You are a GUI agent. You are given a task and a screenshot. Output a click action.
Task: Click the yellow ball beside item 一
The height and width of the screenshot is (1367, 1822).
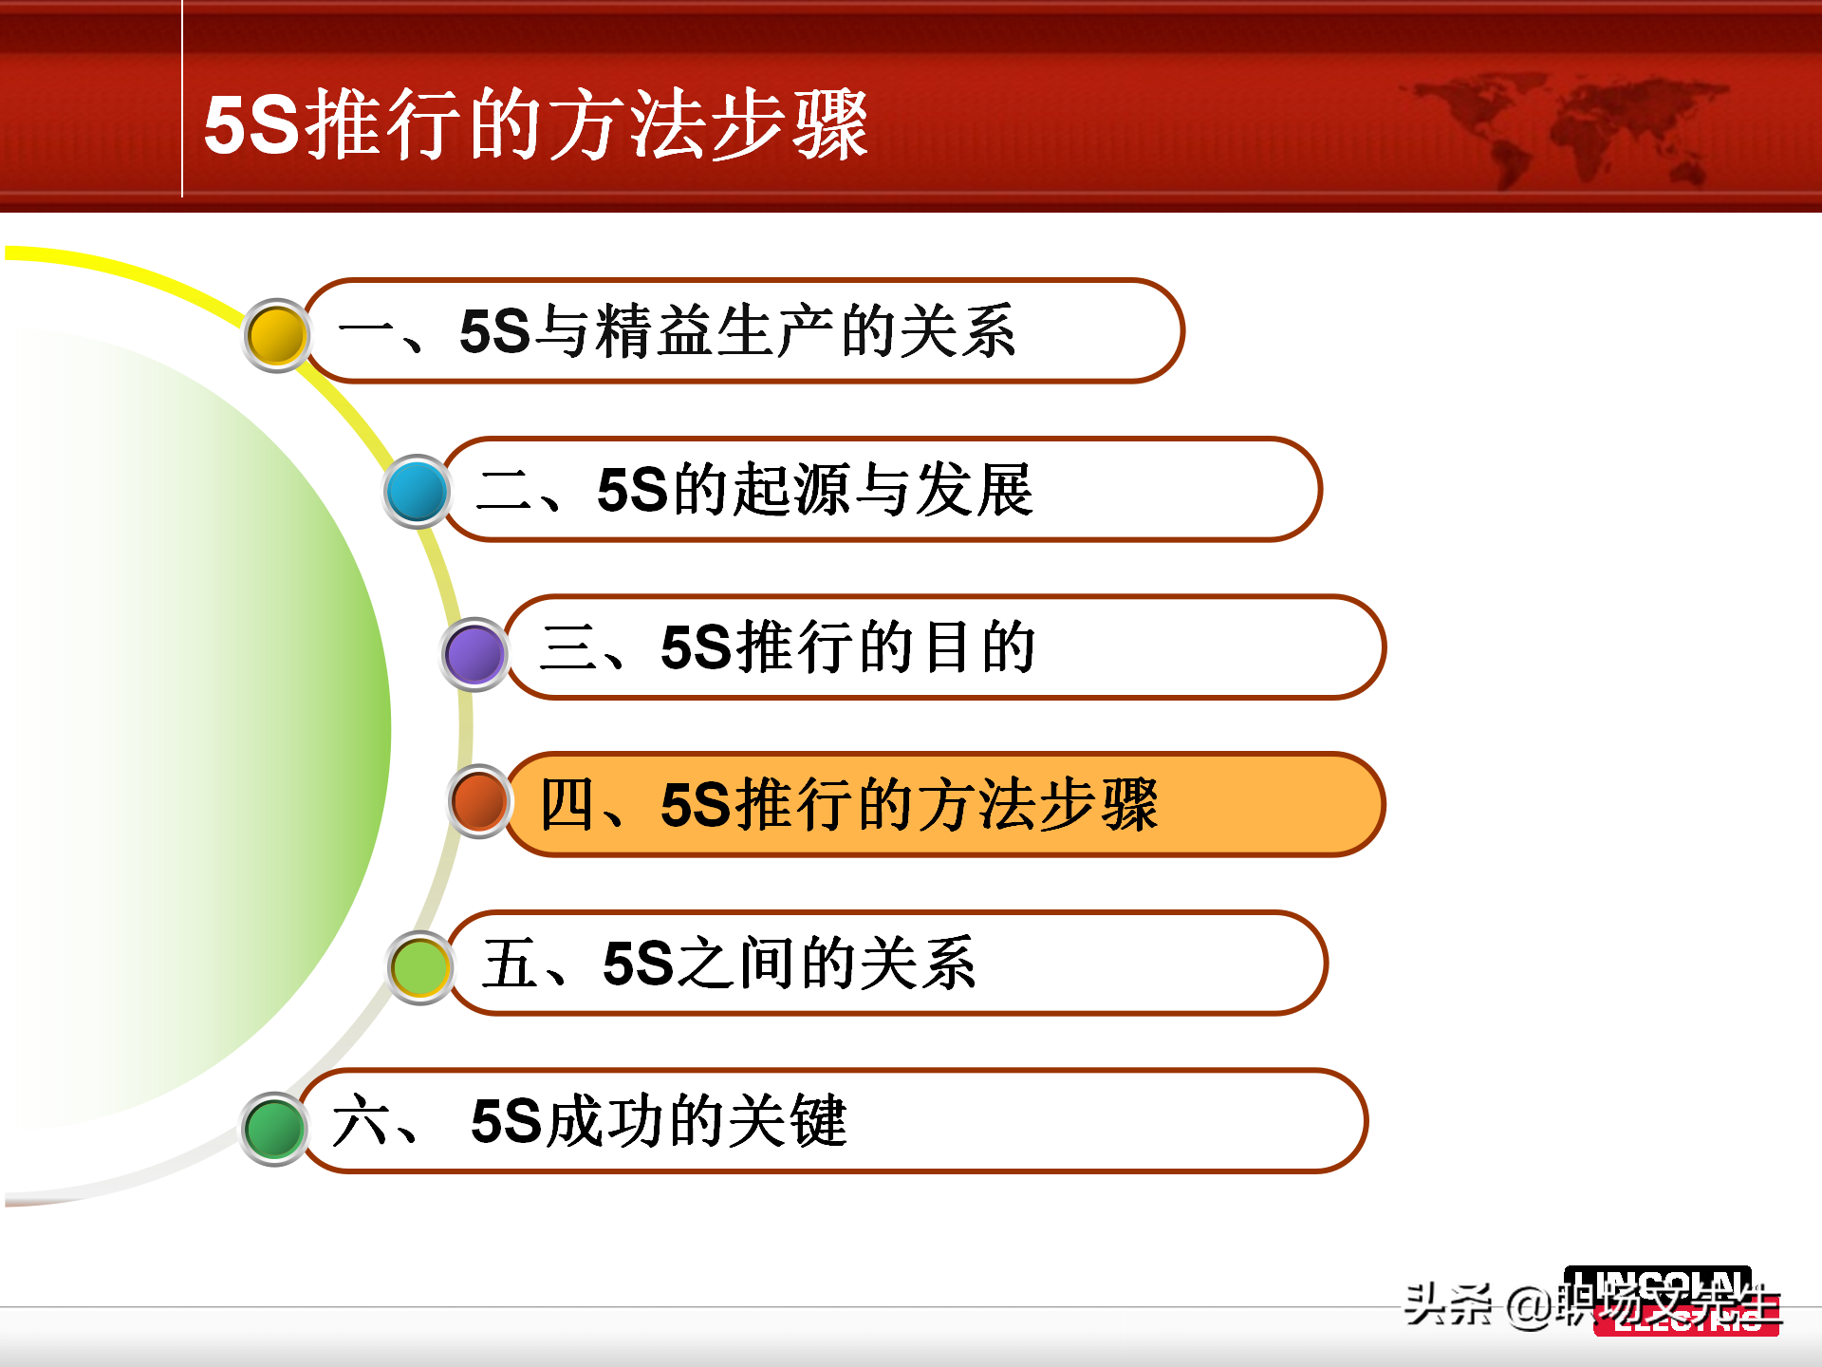276,335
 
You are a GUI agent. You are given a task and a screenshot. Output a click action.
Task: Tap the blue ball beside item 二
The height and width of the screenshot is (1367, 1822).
417,492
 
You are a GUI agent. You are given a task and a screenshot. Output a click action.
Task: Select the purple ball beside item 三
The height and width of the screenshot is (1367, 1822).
474,654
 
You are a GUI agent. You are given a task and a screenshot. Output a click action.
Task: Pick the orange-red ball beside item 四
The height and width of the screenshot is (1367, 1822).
480,801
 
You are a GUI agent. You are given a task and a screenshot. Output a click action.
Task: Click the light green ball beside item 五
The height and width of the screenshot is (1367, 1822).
419,967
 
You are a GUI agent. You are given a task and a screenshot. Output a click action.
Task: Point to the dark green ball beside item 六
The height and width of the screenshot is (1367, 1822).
274,1129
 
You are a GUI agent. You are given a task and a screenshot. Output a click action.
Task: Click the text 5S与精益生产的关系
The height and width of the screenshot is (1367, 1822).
737,331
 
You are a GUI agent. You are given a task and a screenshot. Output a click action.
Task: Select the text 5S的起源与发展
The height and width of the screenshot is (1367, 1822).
814,490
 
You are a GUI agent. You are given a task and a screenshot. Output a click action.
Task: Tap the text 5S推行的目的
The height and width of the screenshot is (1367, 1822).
847,647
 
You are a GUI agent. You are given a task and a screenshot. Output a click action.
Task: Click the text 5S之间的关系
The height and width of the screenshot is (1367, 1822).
789,964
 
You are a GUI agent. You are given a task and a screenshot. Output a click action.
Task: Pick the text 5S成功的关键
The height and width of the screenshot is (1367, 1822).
658,1121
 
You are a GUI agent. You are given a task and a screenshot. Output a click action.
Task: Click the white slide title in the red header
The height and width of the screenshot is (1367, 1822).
536,124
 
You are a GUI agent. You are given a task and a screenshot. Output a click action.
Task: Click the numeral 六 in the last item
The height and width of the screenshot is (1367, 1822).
359,1121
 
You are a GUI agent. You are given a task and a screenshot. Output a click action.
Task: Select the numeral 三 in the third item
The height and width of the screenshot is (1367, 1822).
567,647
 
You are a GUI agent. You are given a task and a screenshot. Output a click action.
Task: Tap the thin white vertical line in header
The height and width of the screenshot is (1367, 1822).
181,100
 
